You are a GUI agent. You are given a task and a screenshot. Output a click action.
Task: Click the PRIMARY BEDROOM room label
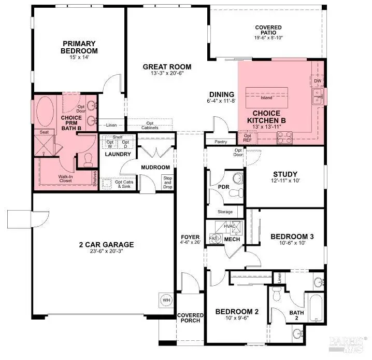[80, 47]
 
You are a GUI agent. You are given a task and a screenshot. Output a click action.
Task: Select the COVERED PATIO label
[268, 31]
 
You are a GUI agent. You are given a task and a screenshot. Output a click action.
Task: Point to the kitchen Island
[267, 97]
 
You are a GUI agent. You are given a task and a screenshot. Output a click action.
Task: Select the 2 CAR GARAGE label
[106, 245]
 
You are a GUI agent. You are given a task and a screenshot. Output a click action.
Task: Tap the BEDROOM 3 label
[292, 237]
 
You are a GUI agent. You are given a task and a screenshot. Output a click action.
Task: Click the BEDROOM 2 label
[236, 312]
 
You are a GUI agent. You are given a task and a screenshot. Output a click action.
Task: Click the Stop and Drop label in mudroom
[167, 182]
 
